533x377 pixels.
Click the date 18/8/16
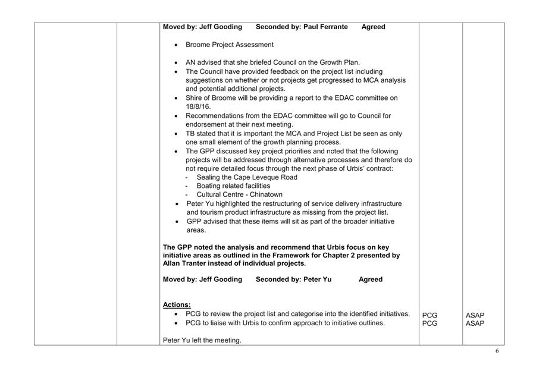click(199, 107)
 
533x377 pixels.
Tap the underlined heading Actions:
click(177, 304)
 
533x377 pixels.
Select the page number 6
click(497, 351)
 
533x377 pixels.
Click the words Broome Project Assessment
click(230, 45)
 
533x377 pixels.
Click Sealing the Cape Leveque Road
click(247, 177)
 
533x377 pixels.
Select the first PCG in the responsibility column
click(429, 315)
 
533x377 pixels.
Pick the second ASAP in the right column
click(475, 323)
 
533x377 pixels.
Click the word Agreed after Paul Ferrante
click(373, 27)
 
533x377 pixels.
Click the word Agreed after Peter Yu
click(371, 279)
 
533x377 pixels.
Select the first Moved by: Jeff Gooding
click(202, 27)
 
